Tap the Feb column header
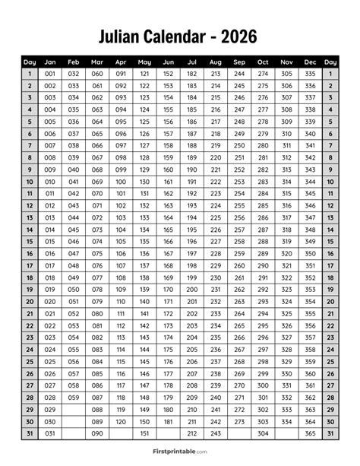(74, 62)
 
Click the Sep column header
(239, 62)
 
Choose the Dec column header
(310, 62)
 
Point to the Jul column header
(192, 62)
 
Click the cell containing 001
(50, 74)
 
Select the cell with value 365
(310, 433)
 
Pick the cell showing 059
(74, 397)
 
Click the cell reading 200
(192, 289)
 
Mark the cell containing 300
(263, 385)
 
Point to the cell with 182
(192, 74)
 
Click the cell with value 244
(239, 74)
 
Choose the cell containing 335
(310, 74)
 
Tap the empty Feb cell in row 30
(74, 421)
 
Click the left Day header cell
(30, 62)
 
